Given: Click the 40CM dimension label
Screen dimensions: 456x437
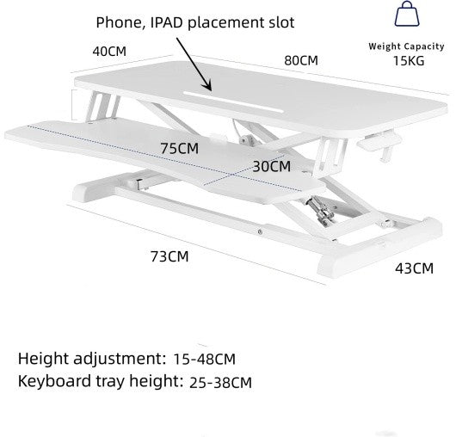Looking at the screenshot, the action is [109, 52].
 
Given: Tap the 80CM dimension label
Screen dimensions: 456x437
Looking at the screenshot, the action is [301, 60].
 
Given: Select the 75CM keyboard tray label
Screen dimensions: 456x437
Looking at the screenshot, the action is [180, 148].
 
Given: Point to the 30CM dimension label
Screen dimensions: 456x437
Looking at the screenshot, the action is [272, 166].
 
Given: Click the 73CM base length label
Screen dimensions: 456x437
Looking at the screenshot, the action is [169, 256].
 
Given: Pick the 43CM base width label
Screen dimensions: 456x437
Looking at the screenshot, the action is [414, 268].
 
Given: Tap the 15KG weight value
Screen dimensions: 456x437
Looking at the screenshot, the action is [409, 61].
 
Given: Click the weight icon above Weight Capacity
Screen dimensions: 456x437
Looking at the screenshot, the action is [407, 14].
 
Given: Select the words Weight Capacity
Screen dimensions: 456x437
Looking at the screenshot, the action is [406, 46].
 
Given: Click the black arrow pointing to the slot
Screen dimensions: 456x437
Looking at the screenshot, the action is [194, 65].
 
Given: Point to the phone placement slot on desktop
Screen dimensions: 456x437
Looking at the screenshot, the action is [233, 102].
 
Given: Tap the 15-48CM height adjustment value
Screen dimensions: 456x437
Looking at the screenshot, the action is [204, 359].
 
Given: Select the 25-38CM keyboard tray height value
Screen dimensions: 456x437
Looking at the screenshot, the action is [220, 382].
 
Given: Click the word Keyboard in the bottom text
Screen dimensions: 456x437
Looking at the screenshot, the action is [54, 380].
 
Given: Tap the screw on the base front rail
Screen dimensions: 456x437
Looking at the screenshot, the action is [260, 231].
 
